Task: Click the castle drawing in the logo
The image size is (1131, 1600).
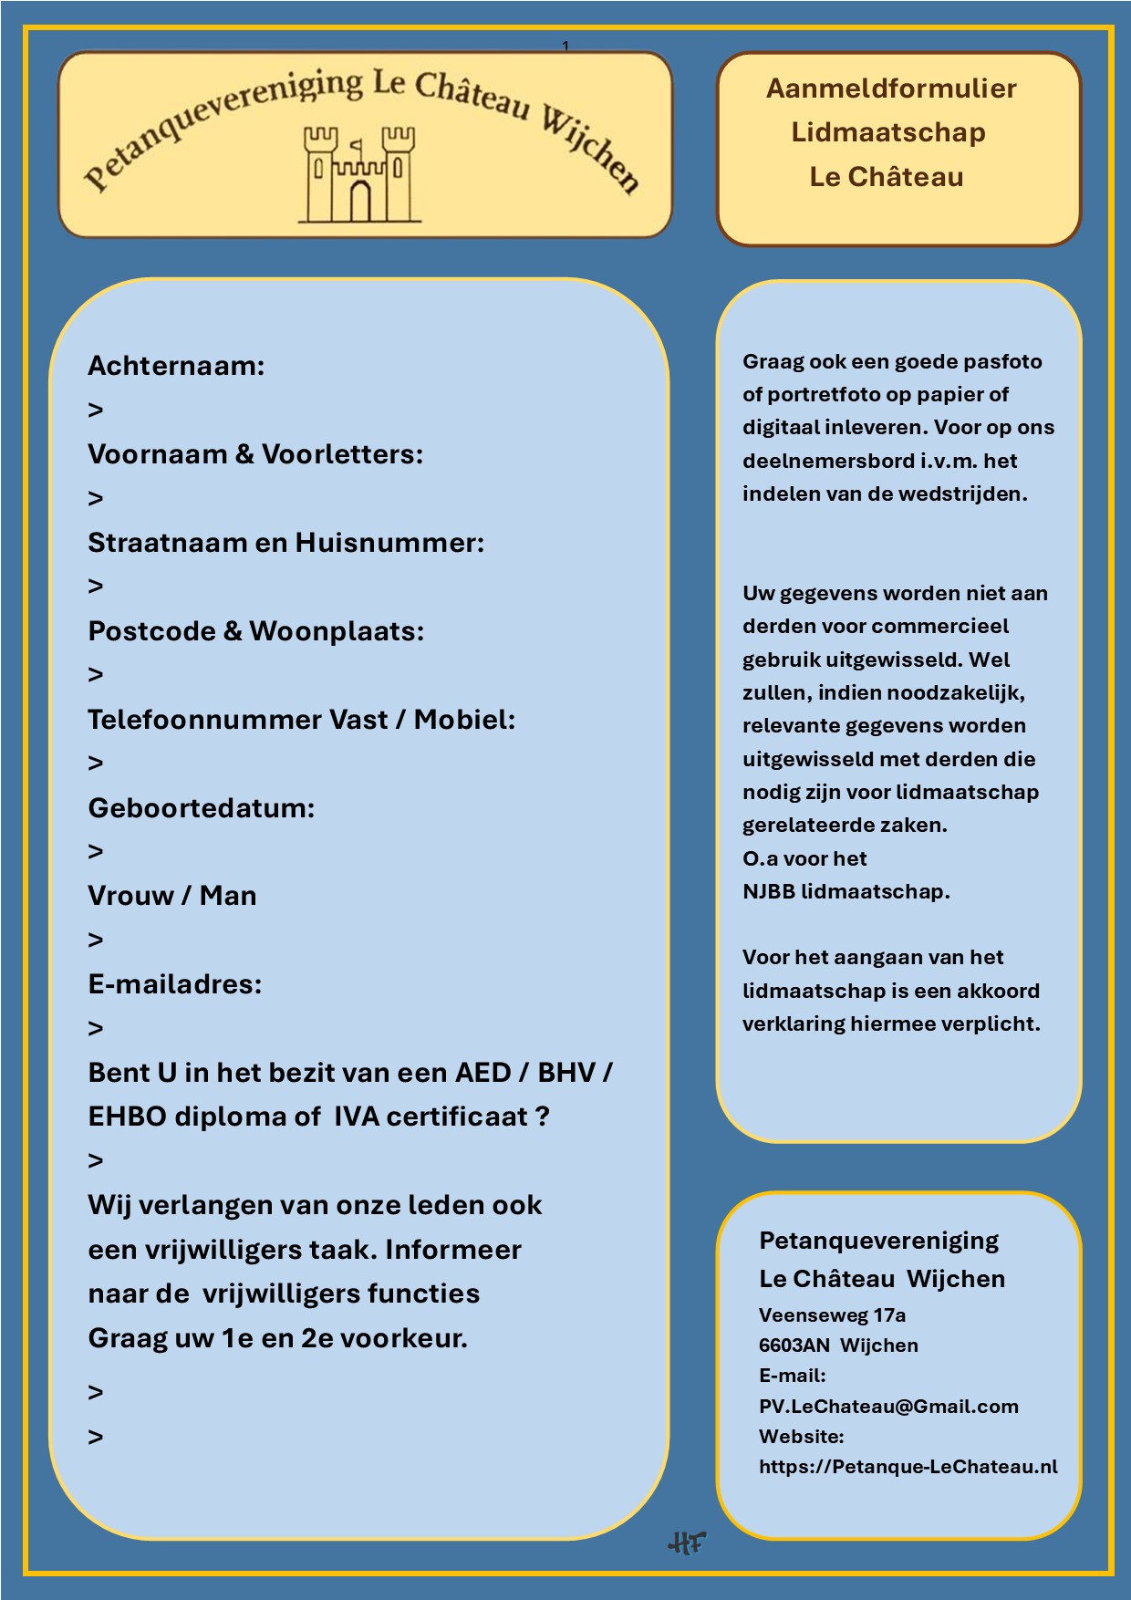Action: click(359, 174)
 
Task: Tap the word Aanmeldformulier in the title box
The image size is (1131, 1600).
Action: click(890, 88)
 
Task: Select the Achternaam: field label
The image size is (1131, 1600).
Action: click(176, 366)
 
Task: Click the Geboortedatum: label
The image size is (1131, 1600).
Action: click(201, 807)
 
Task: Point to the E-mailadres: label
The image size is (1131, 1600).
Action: click(174, 984)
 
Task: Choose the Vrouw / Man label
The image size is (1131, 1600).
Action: click(171, 896)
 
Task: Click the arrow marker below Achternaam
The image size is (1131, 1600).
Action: click(96, 410)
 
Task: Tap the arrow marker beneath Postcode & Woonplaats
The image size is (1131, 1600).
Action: click(96, 675)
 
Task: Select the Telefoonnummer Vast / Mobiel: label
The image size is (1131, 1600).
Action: click(301, 720)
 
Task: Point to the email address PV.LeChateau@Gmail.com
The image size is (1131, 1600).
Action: click(888, 1407)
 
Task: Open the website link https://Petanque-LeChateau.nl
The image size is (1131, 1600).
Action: click(908, 1467)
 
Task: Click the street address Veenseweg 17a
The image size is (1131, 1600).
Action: click(832, 1315)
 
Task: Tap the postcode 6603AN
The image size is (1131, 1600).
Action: click(794, 1345)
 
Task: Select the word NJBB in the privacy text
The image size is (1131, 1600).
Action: click(768, 891)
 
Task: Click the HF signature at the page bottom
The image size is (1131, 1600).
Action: click(687, 1543)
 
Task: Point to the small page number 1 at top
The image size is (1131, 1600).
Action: click(565, 46)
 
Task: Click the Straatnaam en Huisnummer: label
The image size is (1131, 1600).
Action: click(285, 543)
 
